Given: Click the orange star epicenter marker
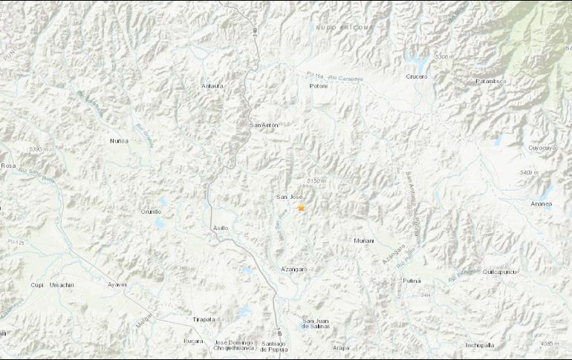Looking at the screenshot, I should (x=301, y=209).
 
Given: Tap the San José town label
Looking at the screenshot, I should (x=288, y=197).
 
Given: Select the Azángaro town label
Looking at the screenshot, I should (x=294, y=268).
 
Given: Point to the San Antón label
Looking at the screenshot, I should (x=264, y=125).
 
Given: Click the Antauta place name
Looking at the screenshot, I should (x=212, y=86).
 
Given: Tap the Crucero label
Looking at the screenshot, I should (x=417, y=76).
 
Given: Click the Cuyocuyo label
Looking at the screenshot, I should (x=542, y=148).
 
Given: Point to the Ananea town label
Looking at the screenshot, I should (x=542, y=203).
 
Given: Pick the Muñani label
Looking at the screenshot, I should (x=364, y=240).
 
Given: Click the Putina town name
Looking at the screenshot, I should (x=412, y=281).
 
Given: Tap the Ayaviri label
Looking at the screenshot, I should (x=117, y=284).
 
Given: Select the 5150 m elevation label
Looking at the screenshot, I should (x=317, y=181).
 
